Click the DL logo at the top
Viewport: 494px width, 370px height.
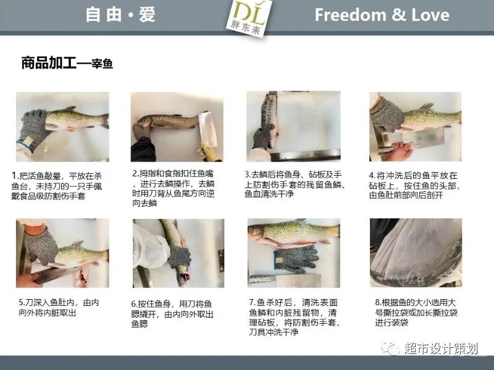pyautogui.click(x=249, y=17)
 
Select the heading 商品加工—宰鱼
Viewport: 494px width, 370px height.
pyautogui.click(x=67, y=63)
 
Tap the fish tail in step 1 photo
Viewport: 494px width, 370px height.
pyautogui.click(x=105, y=121)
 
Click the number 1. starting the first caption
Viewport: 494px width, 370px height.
pyautogui.click(x=15, y=176)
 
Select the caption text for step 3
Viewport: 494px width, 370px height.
pyautogui.click(x=295, y=184)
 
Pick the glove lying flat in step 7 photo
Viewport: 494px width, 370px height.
pyautogui.click(x=296, y=259)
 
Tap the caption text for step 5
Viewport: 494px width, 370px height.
pyautogui.click(x=59, y=307)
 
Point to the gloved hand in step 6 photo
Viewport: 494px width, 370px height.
pyautogui.click(x=179, y=257)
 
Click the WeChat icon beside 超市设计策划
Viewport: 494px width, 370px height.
pyautogui.click(x=390, y=348)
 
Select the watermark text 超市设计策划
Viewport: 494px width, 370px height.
pyautogui.click(x=441, y=348)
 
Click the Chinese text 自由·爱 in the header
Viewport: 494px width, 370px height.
pyautogui.click(x=120, y=14)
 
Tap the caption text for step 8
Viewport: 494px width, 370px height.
pyautogui.click(x=416, y=312)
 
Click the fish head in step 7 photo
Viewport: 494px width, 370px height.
pyautogui.click(x=256, y=233)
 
